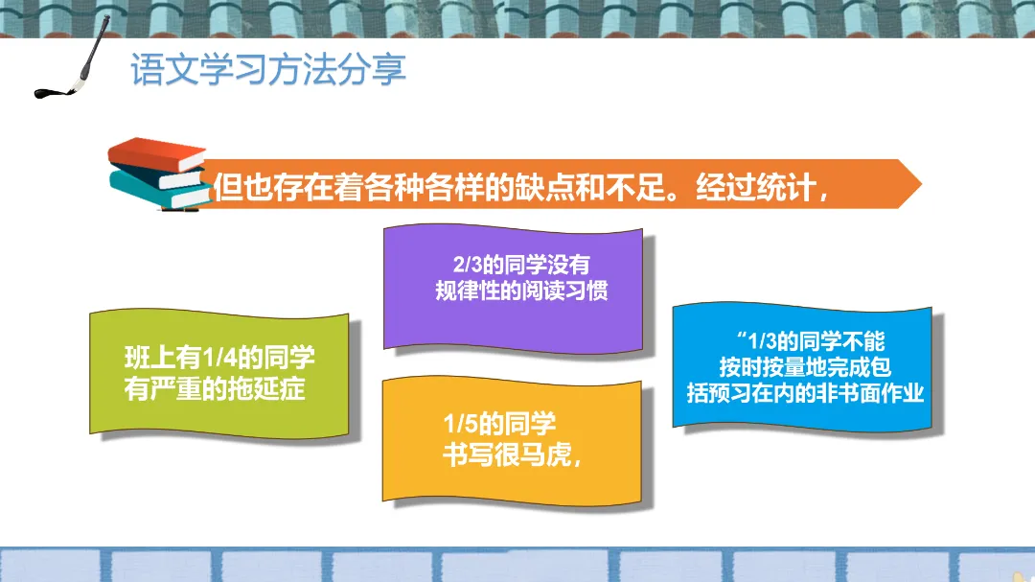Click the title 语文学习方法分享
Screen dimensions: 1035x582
268,69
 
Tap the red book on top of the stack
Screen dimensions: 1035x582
157,154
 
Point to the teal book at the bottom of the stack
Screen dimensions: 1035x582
159,192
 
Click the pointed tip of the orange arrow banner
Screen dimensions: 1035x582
922,184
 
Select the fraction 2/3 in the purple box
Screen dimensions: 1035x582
468,265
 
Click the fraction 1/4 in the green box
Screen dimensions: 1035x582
219,359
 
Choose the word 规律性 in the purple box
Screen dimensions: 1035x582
468,291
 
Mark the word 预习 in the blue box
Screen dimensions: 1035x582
729,393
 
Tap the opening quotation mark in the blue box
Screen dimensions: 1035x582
741,337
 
